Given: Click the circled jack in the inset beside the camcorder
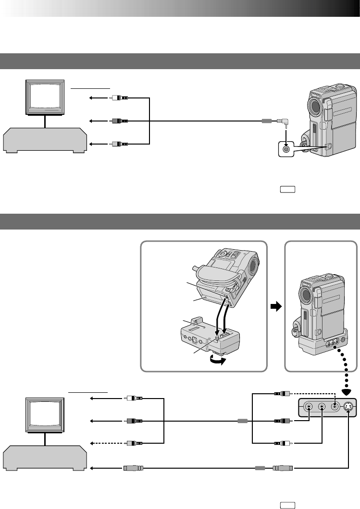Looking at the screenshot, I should point(286,149).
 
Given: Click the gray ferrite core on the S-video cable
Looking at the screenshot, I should point(260,467).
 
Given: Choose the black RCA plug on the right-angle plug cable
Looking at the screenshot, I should point(117,121).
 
